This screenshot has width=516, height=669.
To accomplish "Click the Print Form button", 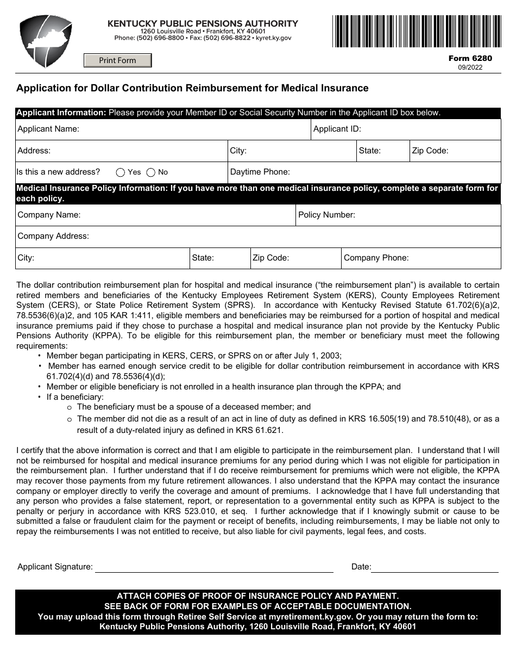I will pos(117,60).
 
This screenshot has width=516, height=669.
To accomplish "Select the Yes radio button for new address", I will pos(121,172).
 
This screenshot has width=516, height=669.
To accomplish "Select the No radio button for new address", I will pos(151,172).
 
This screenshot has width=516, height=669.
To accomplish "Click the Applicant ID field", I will pos(429,129).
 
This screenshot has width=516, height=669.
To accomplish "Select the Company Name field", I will pos(185,215).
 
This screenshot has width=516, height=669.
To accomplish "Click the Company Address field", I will pos(293,237).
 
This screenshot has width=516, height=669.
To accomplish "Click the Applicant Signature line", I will pos(214,567).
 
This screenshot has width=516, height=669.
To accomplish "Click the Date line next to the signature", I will pos(435,567).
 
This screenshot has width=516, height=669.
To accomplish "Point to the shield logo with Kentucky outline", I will pos(46,41).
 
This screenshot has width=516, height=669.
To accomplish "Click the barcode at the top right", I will pos(417,31).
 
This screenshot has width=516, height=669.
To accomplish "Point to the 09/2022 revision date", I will pos(469,67).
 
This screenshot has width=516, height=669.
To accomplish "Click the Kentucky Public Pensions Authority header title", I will pos(203,23).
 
